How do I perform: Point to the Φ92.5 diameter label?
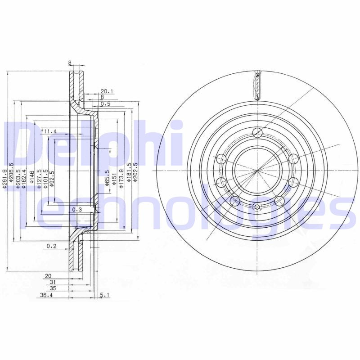(x=52, y=178)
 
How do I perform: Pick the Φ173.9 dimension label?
(x=121, y=176)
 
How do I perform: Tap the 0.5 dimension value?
(x=105, y=104)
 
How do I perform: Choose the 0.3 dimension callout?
(x=76, y=210)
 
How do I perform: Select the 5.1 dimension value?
(x=104, y=296)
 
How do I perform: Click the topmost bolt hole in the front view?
(x=257, y=132)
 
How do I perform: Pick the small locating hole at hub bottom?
(x=257, y=207)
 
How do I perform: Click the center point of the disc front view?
(x=257, y=171)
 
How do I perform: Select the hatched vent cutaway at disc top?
(x=257, y=85)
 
